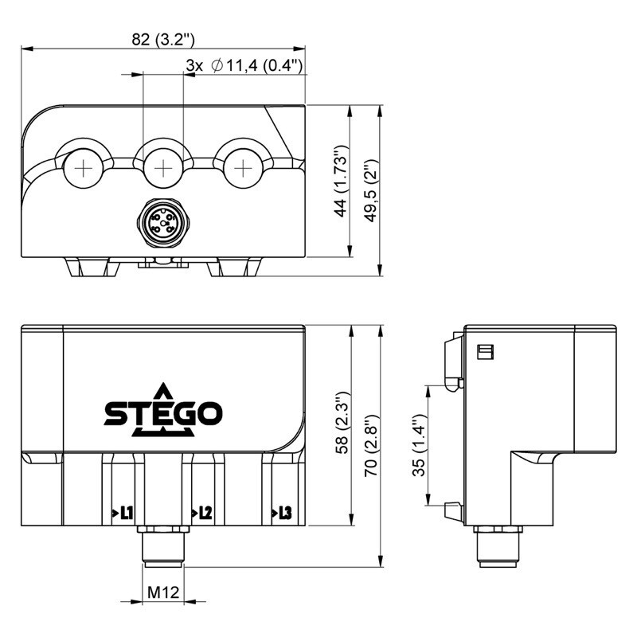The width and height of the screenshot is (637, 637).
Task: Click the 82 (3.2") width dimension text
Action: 163,39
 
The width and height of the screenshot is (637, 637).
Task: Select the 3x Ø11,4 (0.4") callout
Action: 244,65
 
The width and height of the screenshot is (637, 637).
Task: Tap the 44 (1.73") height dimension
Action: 341,181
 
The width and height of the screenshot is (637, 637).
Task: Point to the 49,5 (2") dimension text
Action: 371,190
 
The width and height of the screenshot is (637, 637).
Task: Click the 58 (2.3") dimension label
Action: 342,423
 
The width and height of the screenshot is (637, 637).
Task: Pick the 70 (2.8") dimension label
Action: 371,446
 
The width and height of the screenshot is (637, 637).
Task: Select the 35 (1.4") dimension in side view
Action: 419,445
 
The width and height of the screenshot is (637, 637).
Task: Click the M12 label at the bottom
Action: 163,592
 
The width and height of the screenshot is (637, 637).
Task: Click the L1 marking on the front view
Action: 123,513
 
